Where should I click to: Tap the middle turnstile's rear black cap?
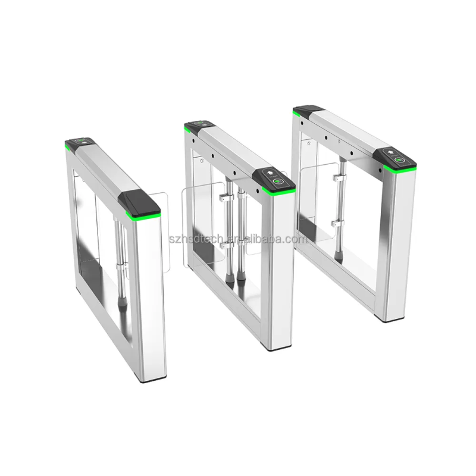(199, 126)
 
